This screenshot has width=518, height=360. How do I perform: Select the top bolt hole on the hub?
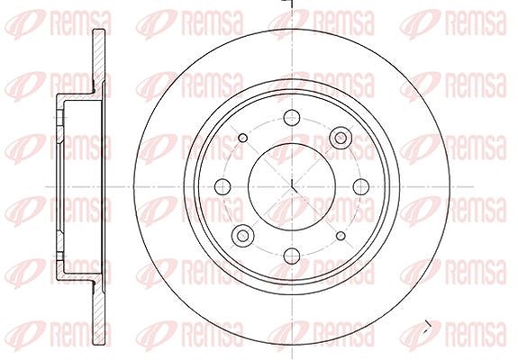[292, 118]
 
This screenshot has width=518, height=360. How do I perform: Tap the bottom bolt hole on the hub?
[292, 256]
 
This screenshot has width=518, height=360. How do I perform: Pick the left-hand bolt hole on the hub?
[223, 187]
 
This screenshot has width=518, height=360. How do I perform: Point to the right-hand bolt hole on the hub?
[361, 187]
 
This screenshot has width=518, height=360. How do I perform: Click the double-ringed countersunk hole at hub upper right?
[341, 138]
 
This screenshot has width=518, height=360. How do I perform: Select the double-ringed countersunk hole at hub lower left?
[243, 236]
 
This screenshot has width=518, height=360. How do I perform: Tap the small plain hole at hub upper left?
[243, 138]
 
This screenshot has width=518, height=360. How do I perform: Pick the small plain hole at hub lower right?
[341, 236]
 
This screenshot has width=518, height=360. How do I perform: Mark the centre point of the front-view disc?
[292, 187]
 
